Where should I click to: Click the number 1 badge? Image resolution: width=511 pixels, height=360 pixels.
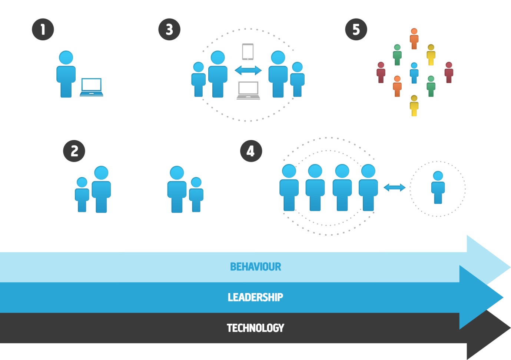coord(43,30)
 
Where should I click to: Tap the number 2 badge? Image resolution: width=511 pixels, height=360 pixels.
coord(74,151)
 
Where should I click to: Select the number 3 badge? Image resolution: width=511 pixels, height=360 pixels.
coord(169,30)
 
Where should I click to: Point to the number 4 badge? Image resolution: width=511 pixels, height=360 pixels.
coord(251,151)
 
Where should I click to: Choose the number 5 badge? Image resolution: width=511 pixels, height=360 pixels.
coord(356,30)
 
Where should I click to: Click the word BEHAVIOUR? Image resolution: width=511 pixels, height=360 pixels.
coord(255,267)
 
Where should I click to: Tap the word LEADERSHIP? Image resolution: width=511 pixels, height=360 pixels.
coord(255,297)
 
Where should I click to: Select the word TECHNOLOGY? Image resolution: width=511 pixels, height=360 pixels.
coord(255,328)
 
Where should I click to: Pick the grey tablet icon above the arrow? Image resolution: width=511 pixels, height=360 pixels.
coord(248,51)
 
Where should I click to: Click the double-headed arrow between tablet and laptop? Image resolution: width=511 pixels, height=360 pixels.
coord(248,70)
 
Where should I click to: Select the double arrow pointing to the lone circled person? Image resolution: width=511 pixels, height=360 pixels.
coord(394,187)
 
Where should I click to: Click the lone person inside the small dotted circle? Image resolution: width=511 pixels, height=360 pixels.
coord(438,187)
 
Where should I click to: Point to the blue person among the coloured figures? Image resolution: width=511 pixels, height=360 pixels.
coord(414,73)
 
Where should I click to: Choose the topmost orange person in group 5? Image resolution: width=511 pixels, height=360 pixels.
coord(414,39)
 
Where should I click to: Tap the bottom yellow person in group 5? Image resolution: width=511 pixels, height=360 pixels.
coord(414,106)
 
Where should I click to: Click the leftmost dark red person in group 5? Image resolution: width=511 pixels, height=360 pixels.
coord(381,73)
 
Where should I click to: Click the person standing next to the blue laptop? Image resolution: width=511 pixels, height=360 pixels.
coord(66,74)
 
